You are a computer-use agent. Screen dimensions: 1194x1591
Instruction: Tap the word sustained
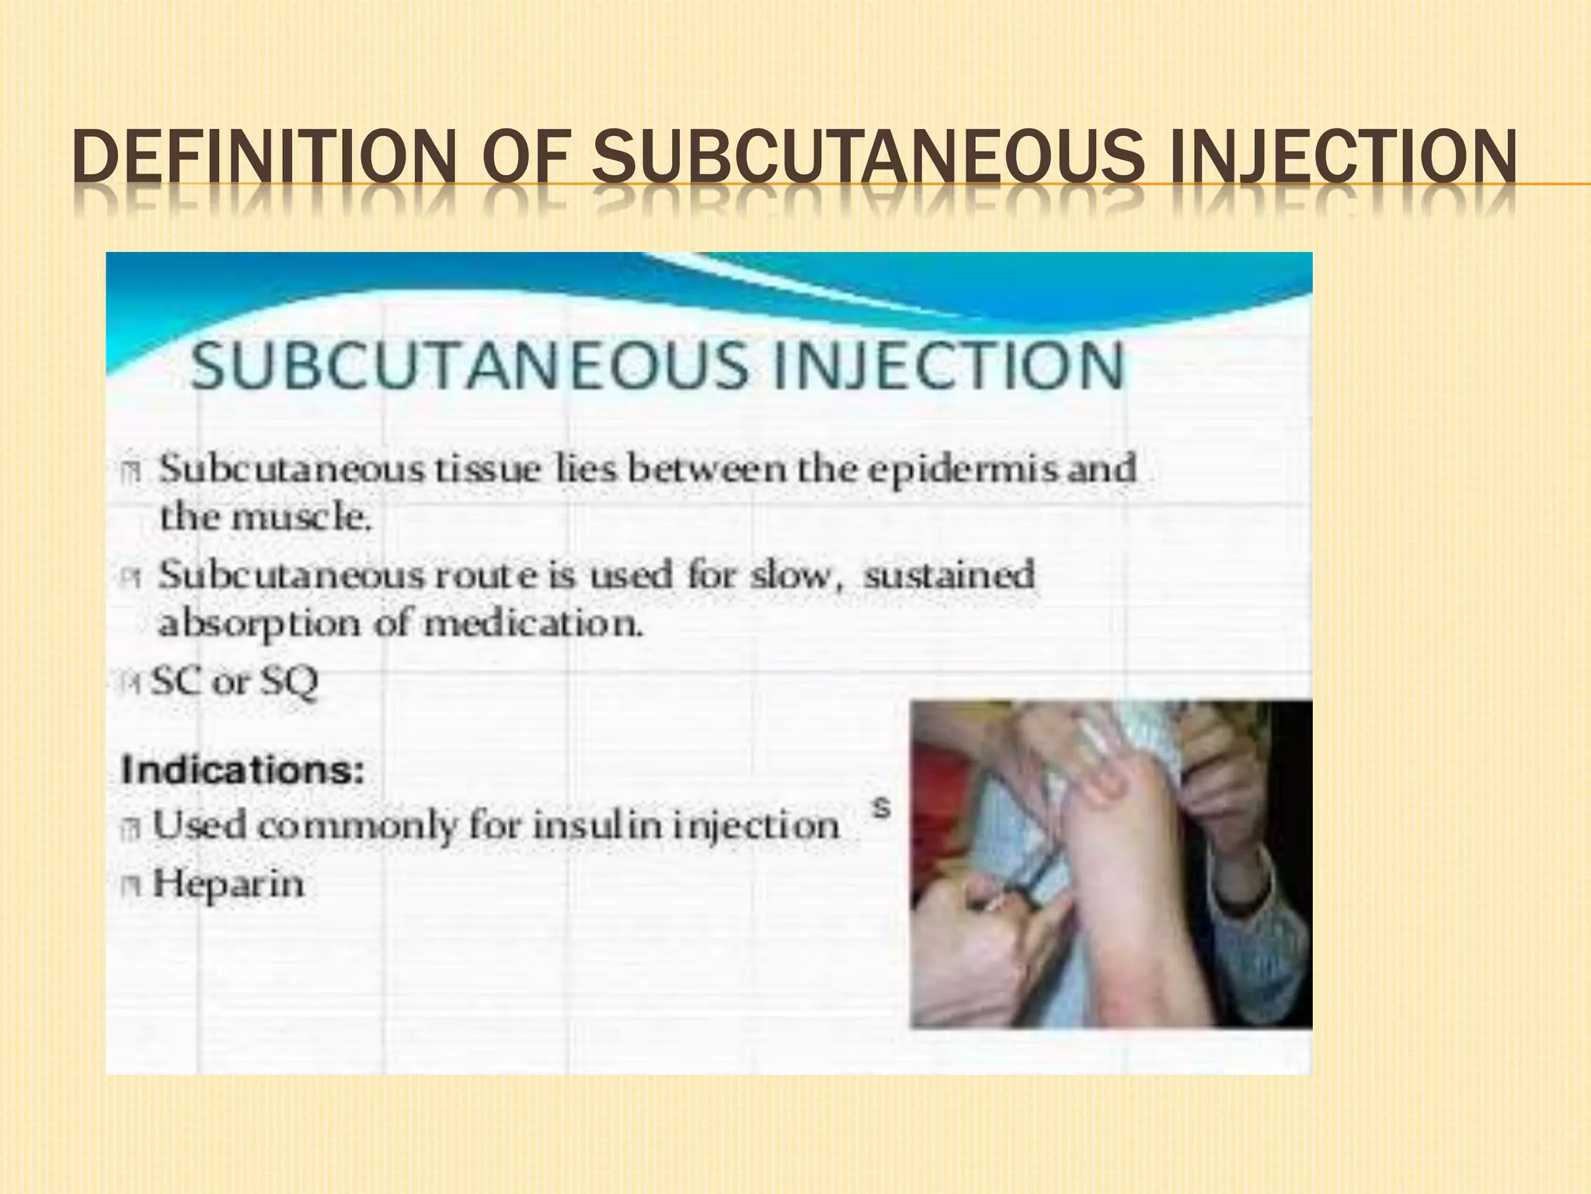pos(949,576)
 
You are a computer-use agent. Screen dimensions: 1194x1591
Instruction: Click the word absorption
pos(260,624)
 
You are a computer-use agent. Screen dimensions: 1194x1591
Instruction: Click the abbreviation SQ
pos(289,683)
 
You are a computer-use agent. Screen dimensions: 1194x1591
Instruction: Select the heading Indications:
pos(242,770)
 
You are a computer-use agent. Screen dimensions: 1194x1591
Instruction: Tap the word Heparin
pos(228,885)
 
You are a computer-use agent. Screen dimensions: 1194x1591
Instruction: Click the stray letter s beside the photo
pos(880,808)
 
